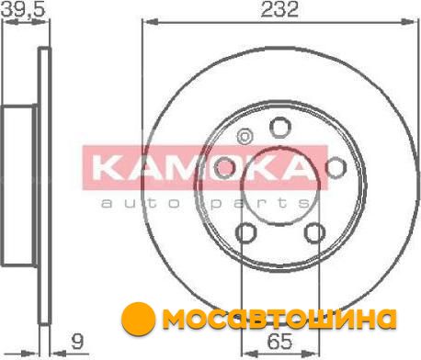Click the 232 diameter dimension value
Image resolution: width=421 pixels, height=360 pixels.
click(x=279, y=9)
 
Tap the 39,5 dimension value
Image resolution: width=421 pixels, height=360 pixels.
click(x=23, y=8)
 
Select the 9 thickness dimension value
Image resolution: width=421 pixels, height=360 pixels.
click(x=77, y=341)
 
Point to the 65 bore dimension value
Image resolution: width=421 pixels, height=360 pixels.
click(x=279, y=341)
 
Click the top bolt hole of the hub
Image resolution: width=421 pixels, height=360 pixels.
click(x=280, y=128)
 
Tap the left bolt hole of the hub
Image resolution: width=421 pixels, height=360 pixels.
click(x=224, y=168)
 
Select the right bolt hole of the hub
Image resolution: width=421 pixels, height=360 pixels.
click(x=336, y=167)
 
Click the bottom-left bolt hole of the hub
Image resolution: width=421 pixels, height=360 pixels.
click(x=245, y=233)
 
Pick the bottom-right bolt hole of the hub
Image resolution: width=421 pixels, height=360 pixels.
click(x=314, y=233)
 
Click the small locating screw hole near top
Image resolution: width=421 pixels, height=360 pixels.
click(x=245, y=136)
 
